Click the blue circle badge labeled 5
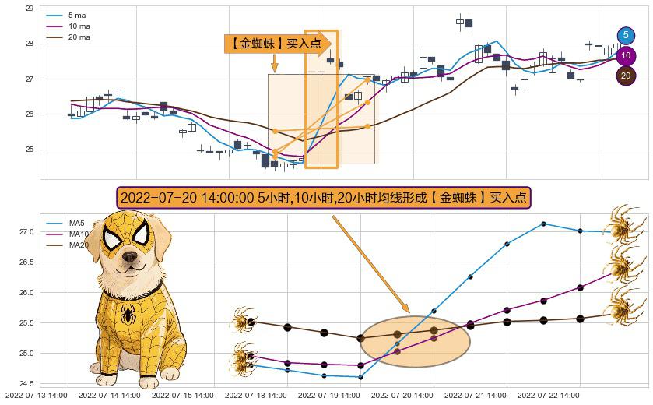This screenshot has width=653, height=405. tap(626, 35)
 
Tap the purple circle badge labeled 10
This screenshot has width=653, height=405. tap(626, 56)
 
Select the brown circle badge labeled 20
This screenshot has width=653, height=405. tap(626, 76)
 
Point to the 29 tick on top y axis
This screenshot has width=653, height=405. tap(30, 9)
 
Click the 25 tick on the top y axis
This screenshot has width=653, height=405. tap(30, 150)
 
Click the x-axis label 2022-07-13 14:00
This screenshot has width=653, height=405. tap(37, 396)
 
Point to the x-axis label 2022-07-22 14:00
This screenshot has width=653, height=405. tap(548, 396)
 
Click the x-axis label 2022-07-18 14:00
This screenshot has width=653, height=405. tap(255, 396)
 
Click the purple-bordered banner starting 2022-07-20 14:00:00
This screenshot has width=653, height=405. tap(324, 198)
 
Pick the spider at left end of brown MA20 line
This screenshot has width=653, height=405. tap(244, 320)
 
